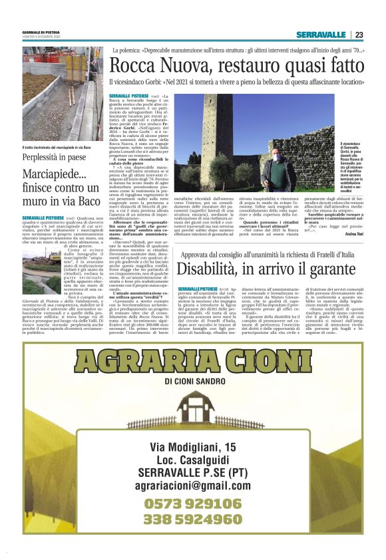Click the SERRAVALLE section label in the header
pos(321,35)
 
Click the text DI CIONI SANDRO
pos(193,380)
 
